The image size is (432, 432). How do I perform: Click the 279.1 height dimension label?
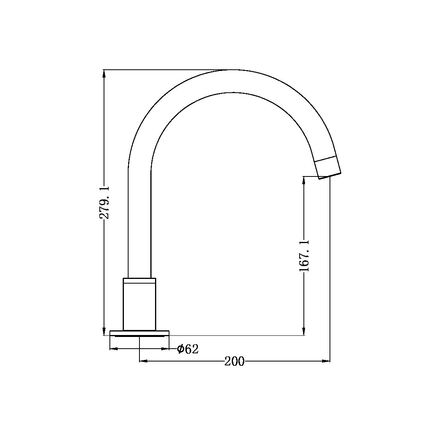point(104,202)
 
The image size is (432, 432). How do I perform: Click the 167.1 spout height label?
point(304,256)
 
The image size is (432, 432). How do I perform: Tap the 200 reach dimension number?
point(235,361)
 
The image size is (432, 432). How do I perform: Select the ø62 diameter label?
point(188,349)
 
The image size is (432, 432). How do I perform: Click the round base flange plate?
point(139,333)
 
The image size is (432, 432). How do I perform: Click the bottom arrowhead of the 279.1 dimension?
point(104,331)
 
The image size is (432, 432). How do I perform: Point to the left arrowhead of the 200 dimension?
point(143,361)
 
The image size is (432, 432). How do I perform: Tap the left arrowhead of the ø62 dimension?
point(114,349)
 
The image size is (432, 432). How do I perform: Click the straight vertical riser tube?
point(139,222)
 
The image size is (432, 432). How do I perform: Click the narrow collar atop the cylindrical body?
point(139,280)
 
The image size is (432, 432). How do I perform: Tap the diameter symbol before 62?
point(180,349)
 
